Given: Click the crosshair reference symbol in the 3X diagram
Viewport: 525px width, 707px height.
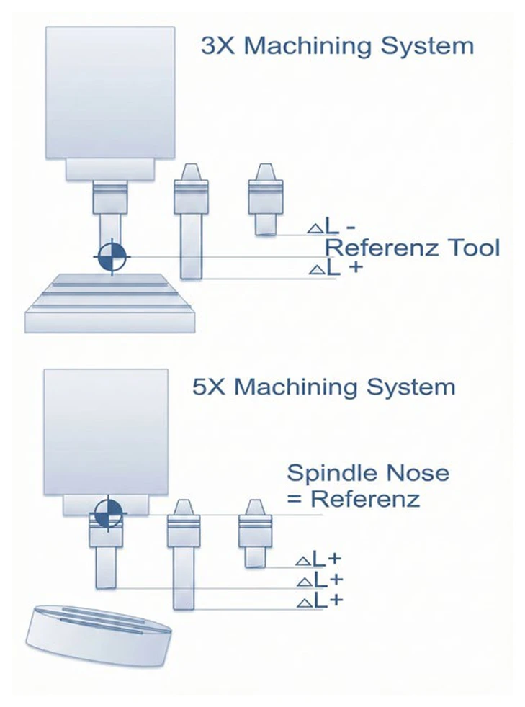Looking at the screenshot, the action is (112, 256).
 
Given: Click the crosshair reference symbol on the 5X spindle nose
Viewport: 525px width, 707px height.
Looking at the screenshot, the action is (109, 513).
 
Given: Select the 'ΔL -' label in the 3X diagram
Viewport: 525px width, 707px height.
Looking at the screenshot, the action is (332, 227).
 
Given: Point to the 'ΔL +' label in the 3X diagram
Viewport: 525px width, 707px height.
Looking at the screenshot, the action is (336, 268).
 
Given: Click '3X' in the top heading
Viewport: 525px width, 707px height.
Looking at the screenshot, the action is (217, 46).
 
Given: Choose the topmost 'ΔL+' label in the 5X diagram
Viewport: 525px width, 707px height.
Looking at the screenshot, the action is (318, 559).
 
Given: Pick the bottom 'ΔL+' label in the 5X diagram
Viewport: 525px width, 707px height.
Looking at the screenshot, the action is (320, 601).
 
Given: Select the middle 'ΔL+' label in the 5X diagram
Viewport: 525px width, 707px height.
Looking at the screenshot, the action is (320, 580).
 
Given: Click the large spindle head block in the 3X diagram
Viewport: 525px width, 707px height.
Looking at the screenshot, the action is (110, 92).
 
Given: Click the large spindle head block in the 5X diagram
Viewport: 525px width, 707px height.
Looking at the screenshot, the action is (106, 432).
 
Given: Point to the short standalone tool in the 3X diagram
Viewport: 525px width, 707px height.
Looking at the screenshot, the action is (266, 199).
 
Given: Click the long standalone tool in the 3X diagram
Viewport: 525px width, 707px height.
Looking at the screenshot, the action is (192, 222).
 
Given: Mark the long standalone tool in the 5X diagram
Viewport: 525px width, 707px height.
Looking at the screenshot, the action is (184, 554).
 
